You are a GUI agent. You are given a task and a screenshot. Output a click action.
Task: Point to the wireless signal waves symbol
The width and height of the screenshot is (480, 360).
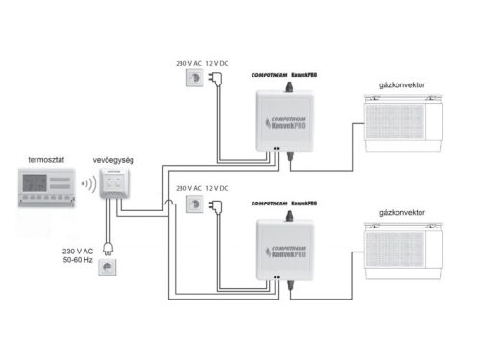pyautogui.click(x=87, y=181)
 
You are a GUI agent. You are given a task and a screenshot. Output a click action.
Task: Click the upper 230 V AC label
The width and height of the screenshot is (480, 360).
pyautogui.click(x=189, y=63)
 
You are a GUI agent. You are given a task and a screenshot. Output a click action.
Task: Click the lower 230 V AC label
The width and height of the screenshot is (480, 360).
pyautogui.click(x=189, y=188)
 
